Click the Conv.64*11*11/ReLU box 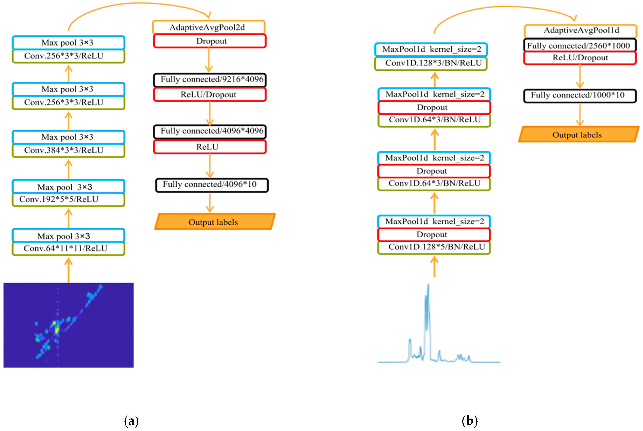coord(68,248)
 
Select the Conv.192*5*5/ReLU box coord(68,199)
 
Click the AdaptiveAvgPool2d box coord(209,27)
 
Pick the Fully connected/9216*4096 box coord(210,79)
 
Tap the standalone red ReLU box coord(210,147)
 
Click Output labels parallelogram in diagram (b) coord(578,135)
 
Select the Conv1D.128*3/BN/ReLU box coord(431,63)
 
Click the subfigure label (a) coord(131,420)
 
